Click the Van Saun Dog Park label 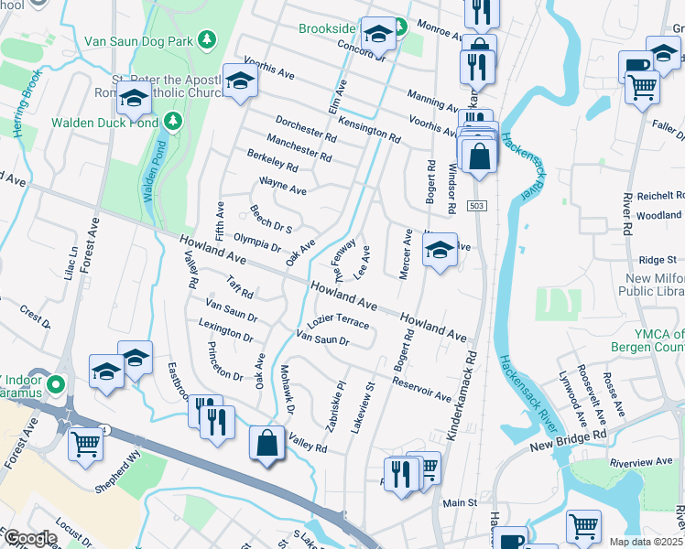pyautogui.click(x=137, y=40)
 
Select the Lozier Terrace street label pyautogui.click(x=339, y=323)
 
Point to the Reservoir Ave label pyautogui.click(x=422, y=389)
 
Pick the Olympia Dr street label pyautogui.click(x=257, y=241)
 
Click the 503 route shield pyautogui.click(x=475, y=206)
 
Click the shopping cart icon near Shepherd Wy pyautogui.click(x=85, y=445)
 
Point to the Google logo pyautogui.click(x=31, y=538)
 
